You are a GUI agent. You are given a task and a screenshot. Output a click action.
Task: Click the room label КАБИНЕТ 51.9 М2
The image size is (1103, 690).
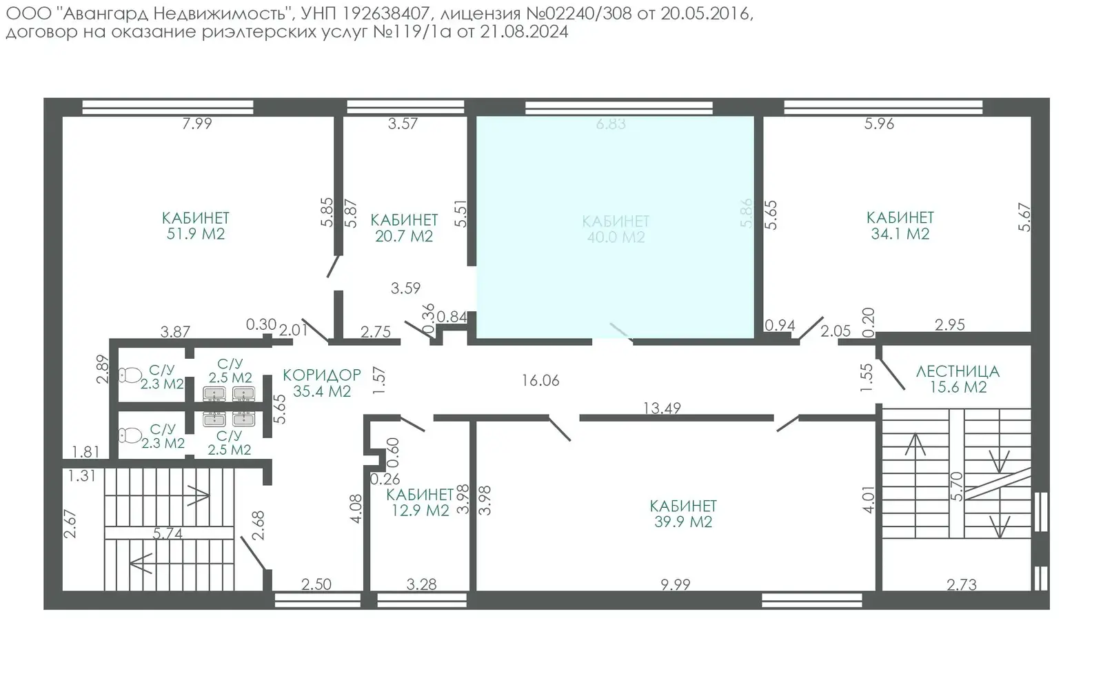coord(196,226)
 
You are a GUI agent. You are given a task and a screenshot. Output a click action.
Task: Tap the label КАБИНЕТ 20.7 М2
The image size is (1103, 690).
coord(404,228)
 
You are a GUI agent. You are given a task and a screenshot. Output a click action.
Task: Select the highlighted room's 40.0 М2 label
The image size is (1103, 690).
coord(616,237)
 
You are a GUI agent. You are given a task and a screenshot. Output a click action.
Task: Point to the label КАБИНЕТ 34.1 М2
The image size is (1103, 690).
coord(900,226)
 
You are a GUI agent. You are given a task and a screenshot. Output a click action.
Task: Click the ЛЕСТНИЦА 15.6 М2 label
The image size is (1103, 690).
coord(958,379)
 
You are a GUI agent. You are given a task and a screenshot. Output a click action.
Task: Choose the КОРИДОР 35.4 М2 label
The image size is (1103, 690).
coord(322,383)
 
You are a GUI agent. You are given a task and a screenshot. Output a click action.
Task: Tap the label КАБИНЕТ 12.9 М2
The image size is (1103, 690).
coord(419,502)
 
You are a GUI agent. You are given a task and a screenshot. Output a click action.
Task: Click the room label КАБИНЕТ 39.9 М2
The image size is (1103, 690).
coord(683,514)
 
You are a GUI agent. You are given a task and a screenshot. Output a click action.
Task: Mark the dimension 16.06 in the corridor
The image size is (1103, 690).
coord(540,380)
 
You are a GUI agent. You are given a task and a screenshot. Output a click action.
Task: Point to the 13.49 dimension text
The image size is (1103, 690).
coord(662,408)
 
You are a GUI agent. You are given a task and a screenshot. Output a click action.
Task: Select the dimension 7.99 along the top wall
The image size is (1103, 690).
coord(196,124)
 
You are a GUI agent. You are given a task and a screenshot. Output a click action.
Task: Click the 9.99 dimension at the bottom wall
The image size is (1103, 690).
coord(675,584)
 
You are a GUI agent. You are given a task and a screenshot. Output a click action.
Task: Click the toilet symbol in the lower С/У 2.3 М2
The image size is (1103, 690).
coord(129,435)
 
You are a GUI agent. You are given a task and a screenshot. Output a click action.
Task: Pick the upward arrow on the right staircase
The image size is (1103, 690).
coord(915,445)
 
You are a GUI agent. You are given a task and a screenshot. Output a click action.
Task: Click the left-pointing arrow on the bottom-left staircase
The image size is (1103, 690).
coord(142,564)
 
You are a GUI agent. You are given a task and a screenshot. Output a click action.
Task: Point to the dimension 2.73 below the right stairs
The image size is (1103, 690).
coord(961,585)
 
